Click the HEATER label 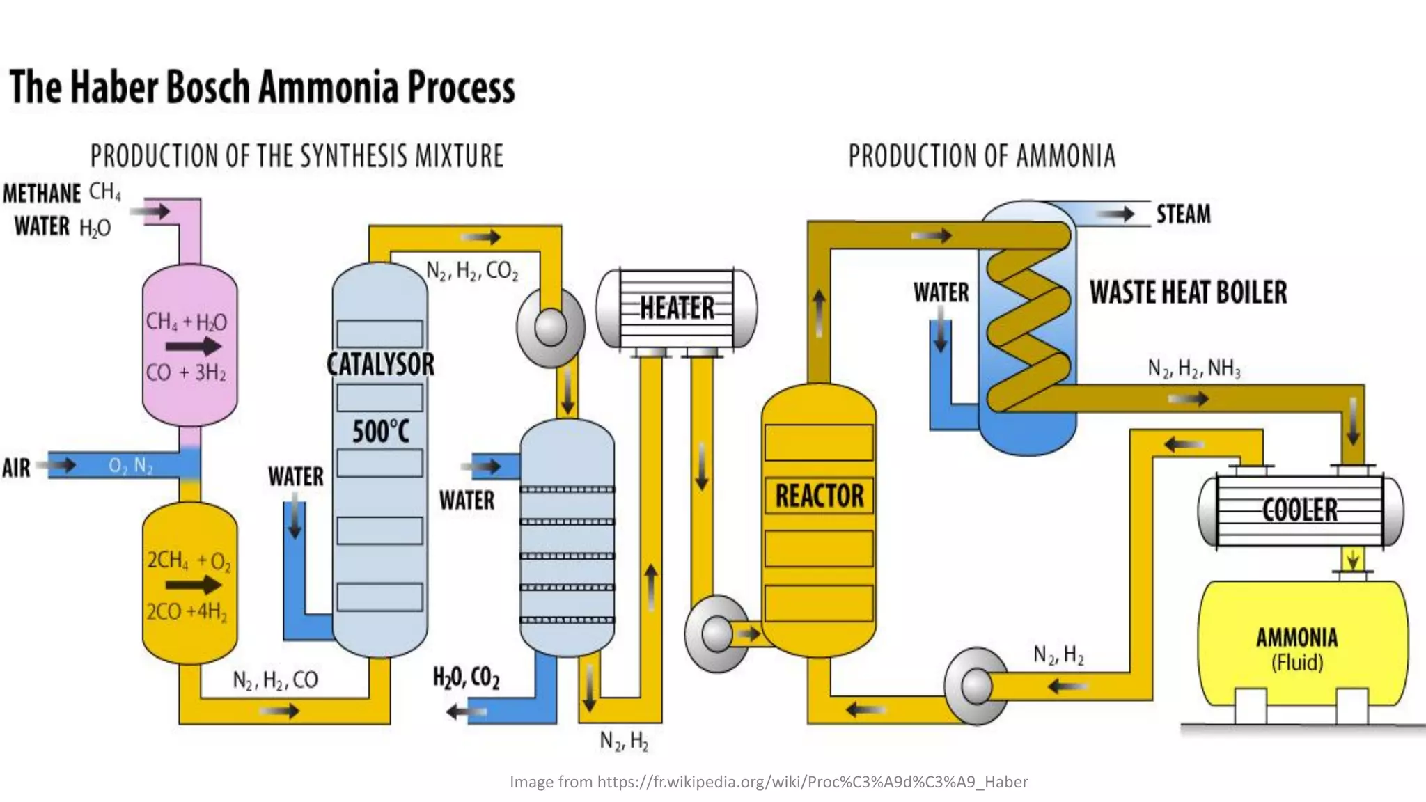pyautogui.click(x=677, y=307)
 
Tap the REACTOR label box pyautogui.click(x=819, y=496)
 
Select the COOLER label pyautogui.click(x=1299, y=510)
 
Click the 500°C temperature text pyautogui.click(x=380, y=432)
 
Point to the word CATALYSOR pyautogui.click(x=380, y=364)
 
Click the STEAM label pyautogui.click(x=1183, y=214)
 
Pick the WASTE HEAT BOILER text pyautogui.click(x=1188, y=292)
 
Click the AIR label pyautogui.click(x=17, y=468)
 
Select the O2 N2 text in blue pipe pyautogui.click(x=130, y=465)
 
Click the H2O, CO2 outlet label pyautogui.click(x=466, y=677)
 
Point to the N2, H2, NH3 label pyautogui.click(x=1193, y=368)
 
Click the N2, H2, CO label pyautogui.click(x=275, y=680)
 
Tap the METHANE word pyautogui.click(x=42, y=194)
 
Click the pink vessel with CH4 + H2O pyautogui.click(x=189, y=345)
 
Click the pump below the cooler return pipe pyautogui.click(x=976, y=686)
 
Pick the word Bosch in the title pyautogui.click(x=207, y=87)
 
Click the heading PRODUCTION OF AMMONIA pyautogui.click(x=981, y=156)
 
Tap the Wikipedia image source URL pyautogui.click(x=812, y=782)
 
